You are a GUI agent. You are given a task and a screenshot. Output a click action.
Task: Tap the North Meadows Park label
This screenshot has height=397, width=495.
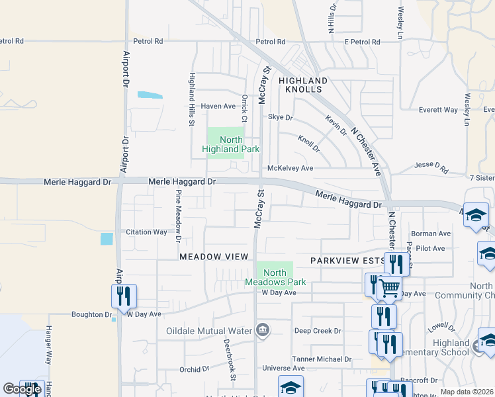(275, 277)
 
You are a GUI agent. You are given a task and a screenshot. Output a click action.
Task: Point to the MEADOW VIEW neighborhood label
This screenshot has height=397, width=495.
(214, 256)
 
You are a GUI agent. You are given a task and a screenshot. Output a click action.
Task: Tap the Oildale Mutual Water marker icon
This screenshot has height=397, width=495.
(263, 330)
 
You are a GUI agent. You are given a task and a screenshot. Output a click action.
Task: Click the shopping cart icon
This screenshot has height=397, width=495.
(390, 287)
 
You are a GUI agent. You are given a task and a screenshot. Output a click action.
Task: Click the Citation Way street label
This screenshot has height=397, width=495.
(147, 232)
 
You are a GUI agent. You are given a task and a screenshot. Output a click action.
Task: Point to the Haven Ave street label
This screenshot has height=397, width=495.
(218, 106)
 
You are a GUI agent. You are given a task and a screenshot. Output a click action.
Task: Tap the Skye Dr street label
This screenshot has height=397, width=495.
(280, 117)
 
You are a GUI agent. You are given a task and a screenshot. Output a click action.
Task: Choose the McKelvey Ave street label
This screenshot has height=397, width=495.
(290, 169)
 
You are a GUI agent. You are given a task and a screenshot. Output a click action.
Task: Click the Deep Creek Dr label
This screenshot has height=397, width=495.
(318, 331)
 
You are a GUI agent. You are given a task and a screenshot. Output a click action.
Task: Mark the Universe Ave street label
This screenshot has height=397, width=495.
(283, 369)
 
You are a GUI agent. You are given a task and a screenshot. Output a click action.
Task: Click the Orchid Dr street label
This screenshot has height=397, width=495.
(194, 369)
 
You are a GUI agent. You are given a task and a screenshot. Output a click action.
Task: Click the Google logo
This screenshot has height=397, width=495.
(22, 389)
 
